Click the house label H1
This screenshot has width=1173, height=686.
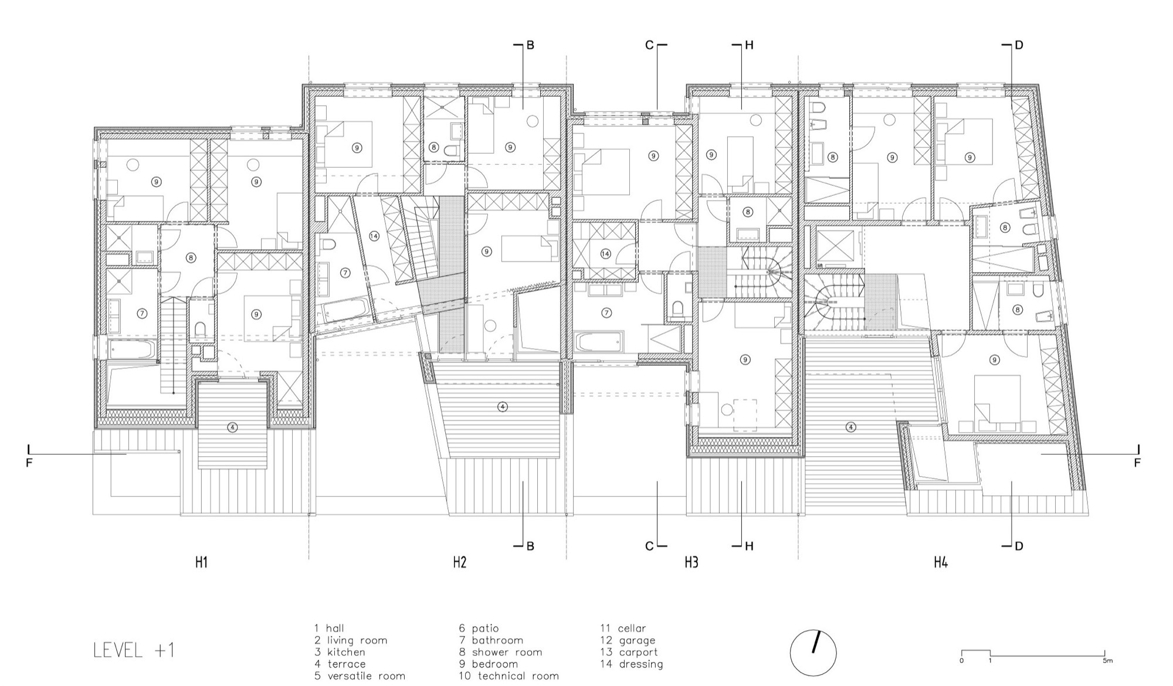[201, 562]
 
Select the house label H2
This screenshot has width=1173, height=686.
[459, 562]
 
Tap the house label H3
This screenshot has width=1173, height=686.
[691, 562]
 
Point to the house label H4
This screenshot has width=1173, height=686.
[941, 562]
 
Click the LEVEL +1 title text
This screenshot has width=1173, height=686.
[134, 650]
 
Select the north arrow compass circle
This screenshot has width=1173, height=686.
[813, 653]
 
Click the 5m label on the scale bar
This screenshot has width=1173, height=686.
[1107, 660]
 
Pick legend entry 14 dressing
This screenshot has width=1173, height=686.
[631, 664]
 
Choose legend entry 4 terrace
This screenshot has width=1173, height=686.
[340, 664]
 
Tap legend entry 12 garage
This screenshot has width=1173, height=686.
[627, 640]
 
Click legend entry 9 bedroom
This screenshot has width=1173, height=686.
[488, 664]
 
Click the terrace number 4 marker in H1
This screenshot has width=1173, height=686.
[233, 427]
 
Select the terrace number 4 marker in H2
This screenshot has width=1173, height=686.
[502, 406]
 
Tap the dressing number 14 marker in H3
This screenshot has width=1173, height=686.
[606, 254]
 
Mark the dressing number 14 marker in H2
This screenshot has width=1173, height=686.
[375, 236]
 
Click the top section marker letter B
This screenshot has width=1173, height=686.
[530, 45]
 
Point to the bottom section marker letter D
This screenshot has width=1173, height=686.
[1019, 546]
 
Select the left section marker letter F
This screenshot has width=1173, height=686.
[29, 463]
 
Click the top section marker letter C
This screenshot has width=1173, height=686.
[649, 45]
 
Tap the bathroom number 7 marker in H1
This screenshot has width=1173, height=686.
[141, 314]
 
